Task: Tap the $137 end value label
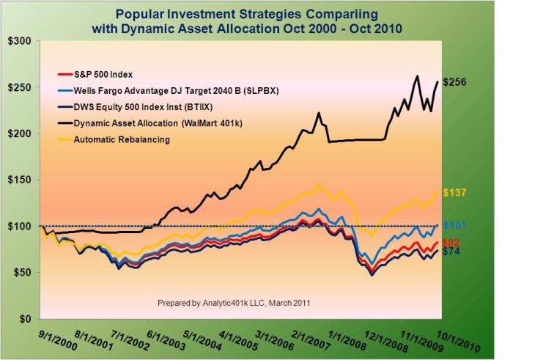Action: click(456, 193)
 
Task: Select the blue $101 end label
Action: click(455, 225)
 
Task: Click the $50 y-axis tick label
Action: click(18, 272)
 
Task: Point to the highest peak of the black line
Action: click(417, 76)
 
